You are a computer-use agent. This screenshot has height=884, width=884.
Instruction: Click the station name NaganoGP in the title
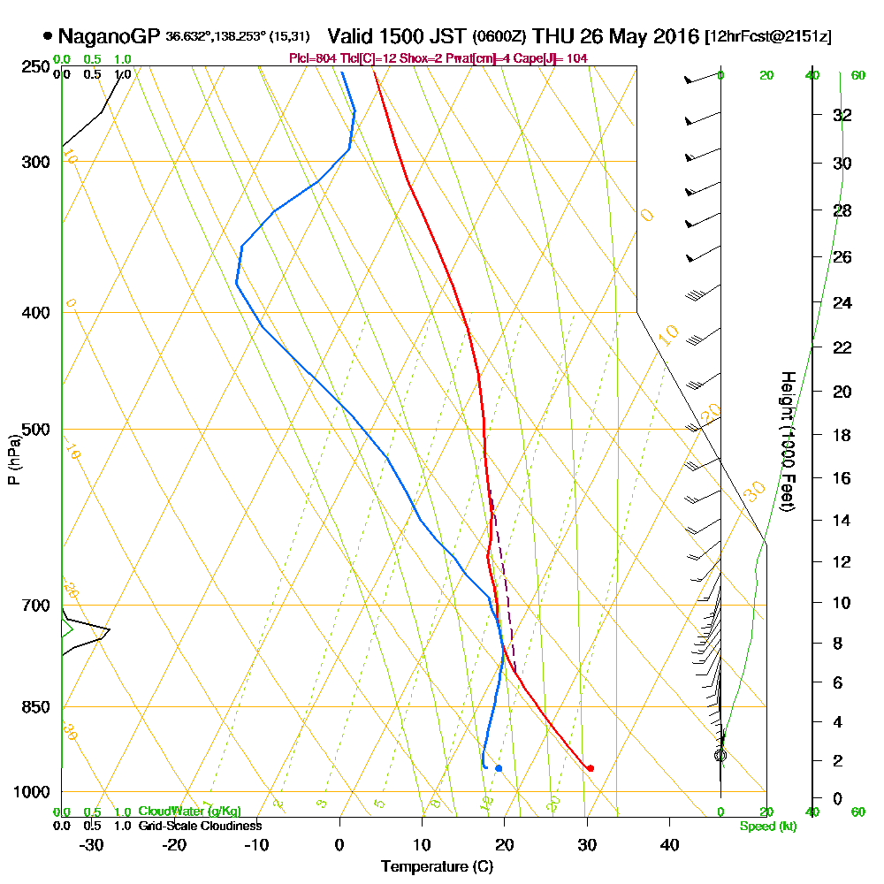109,37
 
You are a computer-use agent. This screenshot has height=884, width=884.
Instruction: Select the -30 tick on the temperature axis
91,845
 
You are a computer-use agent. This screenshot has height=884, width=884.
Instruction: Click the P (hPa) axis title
13,459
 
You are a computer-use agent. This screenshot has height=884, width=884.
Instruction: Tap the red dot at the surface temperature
590,768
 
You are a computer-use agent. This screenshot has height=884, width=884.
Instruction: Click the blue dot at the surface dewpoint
499,768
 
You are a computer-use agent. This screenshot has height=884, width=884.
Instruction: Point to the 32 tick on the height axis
842,115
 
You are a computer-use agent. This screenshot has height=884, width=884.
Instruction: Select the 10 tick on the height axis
842,603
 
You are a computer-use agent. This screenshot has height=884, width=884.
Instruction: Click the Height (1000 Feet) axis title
786,441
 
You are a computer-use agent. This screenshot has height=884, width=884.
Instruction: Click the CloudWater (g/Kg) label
189,811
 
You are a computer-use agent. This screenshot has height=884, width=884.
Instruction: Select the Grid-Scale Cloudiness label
199,826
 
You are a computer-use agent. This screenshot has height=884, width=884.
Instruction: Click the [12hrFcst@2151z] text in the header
767,37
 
